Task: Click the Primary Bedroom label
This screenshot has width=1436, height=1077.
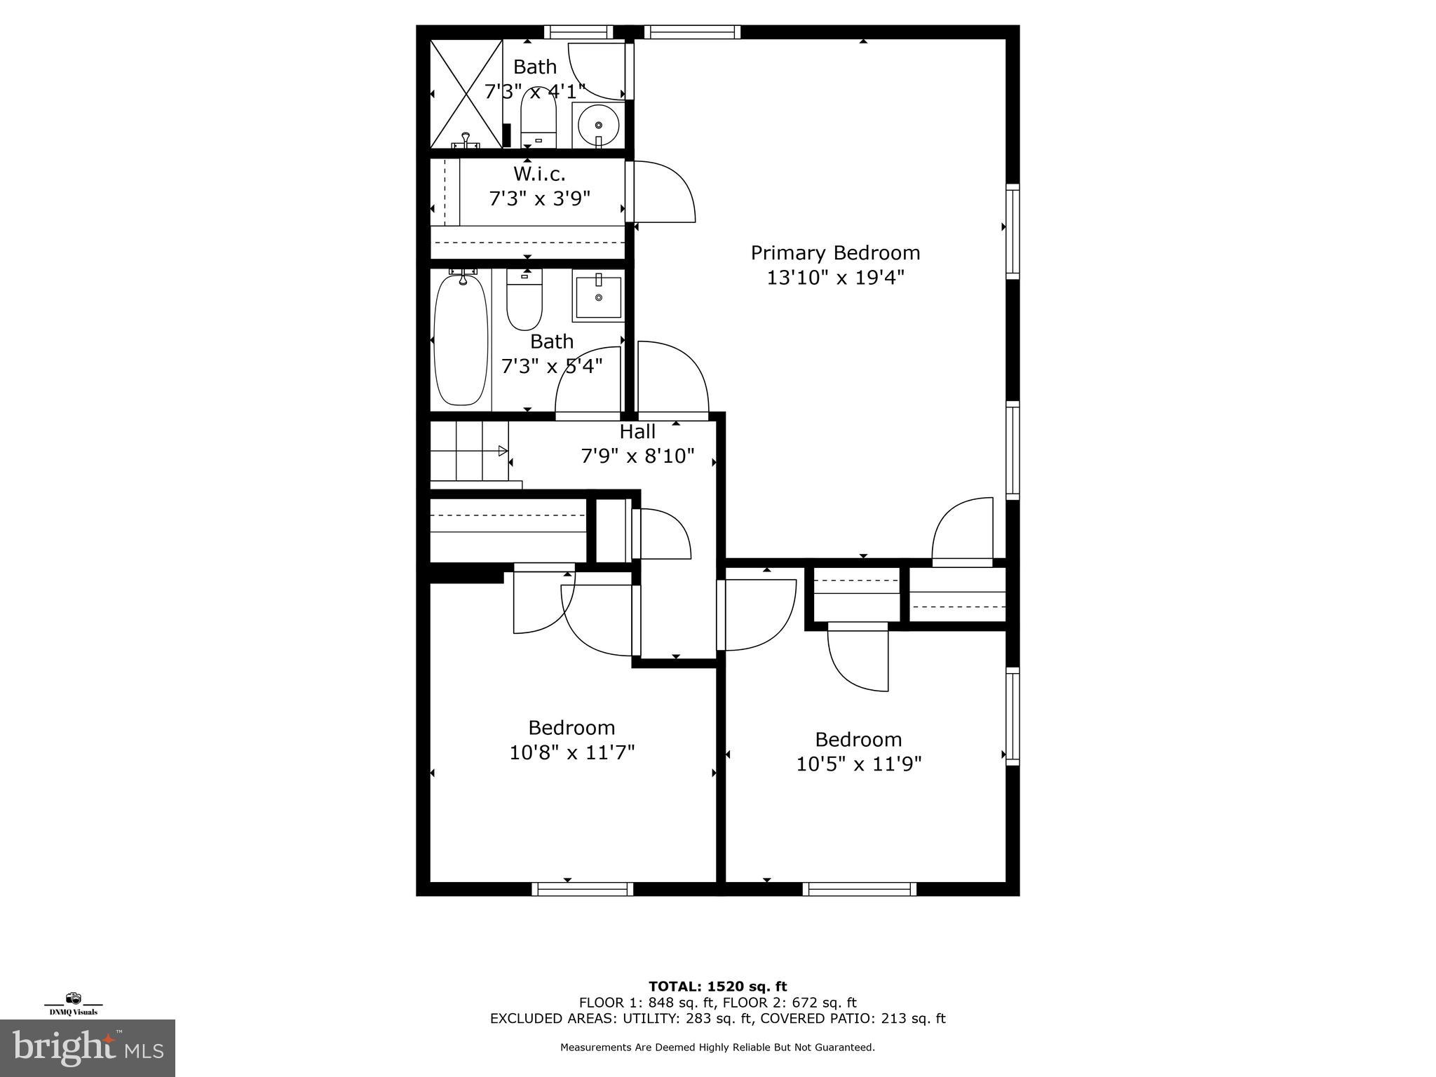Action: tap(835, 252)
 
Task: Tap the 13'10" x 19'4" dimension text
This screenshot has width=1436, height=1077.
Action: tap(835, 278)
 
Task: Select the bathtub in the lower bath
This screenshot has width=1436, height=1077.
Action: tap(461, 341)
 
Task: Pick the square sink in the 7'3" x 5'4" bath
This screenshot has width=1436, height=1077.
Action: tap(598, 296)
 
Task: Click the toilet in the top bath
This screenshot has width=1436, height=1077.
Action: tap(538, 119)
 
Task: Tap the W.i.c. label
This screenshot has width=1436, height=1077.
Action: tap(539, 173)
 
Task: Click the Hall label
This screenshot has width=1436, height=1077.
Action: tap(637, 431)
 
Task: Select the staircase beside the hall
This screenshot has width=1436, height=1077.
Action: tap(468, 451)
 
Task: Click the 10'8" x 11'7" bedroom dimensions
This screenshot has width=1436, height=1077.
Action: tap(572, 752)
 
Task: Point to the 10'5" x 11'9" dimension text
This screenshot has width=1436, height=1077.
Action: tap(858, 764)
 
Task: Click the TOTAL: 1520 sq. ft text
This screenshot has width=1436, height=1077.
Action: tap(717, 987)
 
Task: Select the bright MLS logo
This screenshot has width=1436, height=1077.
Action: tap(88, 1048)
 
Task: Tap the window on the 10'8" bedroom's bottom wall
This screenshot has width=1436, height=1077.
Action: tap(583, 889)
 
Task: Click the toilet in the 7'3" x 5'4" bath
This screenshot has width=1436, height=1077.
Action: tap(524, 302)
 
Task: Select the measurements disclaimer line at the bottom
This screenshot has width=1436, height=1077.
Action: tap(717, 1048)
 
